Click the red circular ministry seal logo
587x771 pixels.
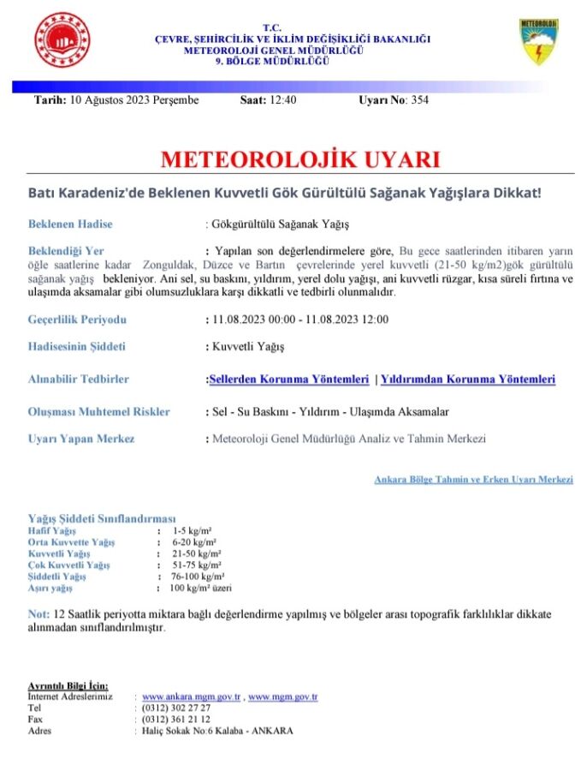[62, 40]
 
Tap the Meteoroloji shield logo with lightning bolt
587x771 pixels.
[540, 43]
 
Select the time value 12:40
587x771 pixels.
[282, 100]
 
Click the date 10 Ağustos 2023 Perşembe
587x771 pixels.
[132, 100]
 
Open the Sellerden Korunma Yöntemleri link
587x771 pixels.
[289, 380]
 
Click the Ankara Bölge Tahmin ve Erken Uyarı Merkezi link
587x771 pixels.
[473, 480]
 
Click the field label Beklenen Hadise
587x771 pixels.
[70, 224]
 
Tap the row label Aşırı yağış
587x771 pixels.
[50, 588]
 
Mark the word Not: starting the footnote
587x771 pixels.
[39, 615]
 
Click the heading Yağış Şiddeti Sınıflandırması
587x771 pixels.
[102, 519]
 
